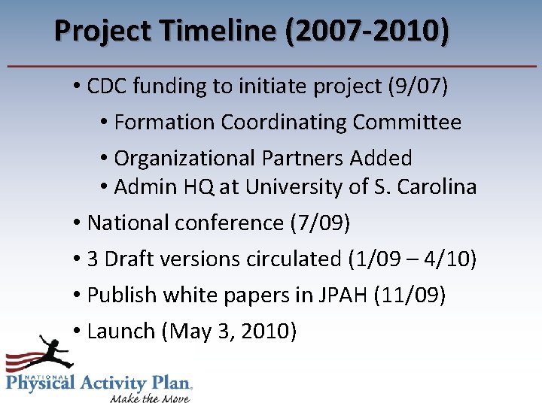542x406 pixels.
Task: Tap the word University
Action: [x=300, y=186]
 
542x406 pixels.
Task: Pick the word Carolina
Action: [x=439, y=186]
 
